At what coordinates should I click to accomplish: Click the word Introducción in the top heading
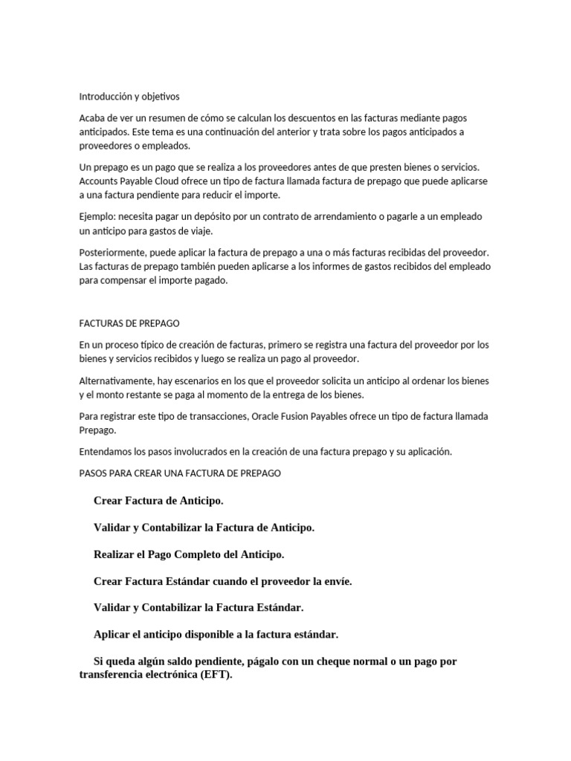(x=105, y=97)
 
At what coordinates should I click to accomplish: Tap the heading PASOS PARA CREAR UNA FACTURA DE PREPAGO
(x=180, y=473)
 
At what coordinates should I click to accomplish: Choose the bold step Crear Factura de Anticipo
(x=158, y=500)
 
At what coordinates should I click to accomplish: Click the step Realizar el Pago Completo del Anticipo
(x=189, y=554)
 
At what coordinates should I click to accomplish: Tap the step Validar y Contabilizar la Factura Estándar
(x=199, y=607)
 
